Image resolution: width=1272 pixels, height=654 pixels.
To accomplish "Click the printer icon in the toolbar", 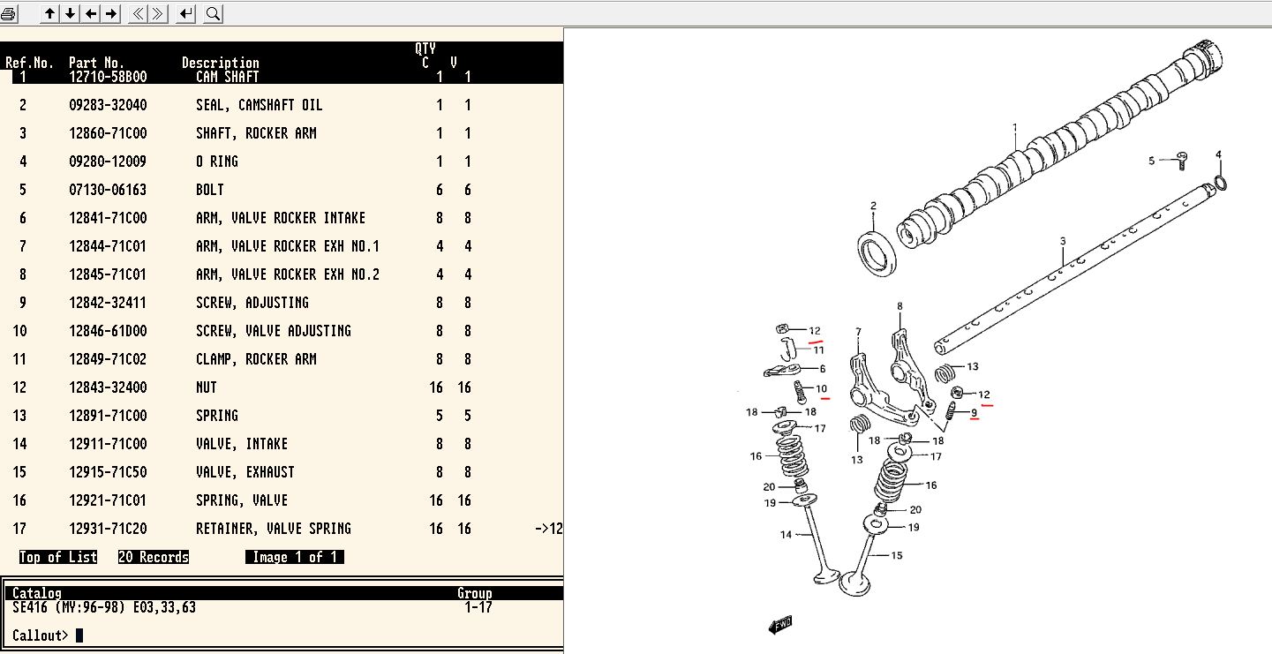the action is [9, 13].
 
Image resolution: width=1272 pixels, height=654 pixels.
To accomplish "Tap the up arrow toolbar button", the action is [50, 13].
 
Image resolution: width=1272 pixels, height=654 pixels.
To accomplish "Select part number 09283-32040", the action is [108, 105].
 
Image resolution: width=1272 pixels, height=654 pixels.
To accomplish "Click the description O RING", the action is [217, 162].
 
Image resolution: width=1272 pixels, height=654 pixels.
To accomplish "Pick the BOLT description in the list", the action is [210, 190].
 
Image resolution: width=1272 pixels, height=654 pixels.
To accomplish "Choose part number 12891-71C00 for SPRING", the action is [108, 416].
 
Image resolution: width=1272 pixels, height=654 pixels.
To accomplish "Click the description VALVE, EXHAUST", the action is [245, 472].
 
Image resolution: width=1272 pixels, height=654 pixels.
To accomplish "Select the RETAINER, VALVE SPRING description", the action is [274, 529].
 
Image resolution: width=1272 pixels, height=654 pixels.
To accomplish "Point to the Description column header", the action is [221, 63].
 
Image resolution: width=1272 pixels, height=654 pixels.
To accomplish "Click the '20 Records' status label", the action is [154, 557].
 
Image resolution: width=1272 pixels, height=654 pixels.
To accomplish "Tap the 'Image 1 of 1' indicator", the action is [295, 557].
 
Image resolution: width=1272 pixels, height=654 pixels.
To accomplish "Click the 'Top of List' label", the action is [58, 557].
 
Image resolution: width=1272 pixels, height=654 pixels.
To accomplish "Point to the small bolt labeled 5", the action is [1182, 160].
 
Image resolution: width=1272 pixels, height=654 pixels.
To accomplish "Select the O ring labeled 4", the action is [1220, 183].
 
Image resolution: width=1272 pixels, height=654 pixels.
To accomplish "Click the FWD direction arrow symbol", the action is [780, 625].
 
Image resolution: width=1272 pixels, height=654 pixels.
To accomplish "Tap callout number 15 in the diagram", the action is [897, 555].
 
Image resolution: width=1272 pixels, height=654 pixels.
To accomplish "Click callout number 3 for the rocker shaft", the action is [1063, 241].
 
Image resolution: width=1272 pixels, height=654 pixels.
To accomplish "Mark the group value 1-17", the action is [478, 607].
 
